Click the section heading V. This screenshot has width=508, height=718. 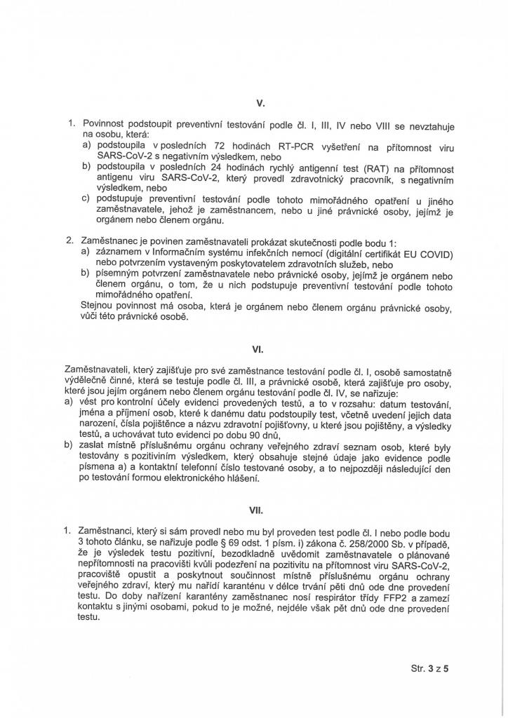pyautogui.click(x=260, y=104)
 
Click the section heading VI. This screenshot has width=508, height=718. pyautogui.click(x=258, y=348)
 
